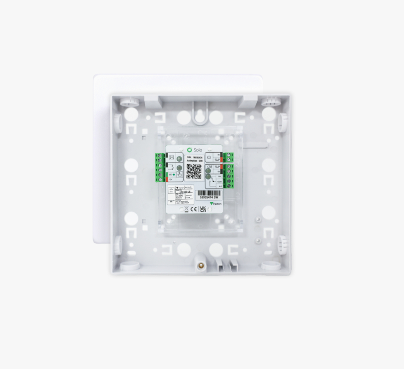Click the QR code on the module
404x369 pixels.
(194, 171)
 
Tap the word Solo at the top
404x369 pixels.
(198, 150)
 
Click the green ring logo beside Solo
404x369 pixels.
(190, 150)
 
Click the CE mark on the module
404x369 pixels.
(194, 209)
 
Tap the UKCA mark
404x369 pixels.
(203, 209)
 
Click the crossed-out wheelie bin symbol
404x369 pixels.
(187, 209)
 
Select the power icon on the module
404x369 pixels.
(209, 157)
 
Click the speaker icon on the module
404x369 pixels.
(209, 167)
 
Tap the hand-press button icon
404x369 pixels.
(179, 175)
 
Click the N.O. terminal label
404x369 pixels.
(219, 186)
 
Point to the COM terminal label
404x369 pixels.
(219, 182)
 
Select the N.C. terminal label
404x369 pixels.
(219, 176)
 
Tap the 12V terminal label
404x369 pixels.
(171, 180)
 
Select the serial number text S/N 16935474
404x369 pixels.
(195, 157)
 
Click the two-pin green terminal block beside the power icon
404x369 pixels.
(229, 157)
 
